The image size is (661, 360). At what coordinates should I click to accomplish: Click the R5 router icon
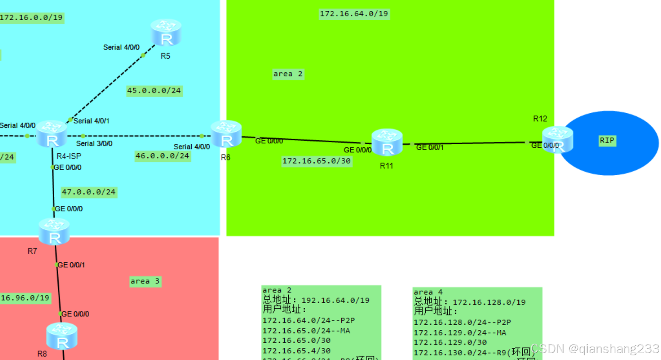pos(166,33)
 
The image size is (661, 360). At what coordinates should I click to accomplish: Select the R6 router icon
pos(226,134)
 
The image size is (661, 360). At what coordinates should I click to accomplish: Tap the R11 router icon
pos(387,143)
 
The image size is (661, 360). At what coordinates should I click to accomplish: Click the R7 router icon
pos(54,231)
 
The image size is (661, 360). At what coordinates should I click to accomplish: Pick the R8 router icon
pos(62,336)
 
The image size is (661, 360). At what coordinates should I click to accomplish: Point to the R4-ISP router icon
pos(52,134)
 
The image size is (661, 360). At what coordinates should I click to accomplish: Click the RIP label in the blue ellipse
pos(607,140)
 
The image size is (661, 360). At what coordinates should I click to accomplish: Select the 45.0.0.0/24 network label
pos(154,91)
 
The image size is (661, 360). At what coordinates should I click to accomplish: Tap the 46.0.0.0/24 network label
pos(162,156)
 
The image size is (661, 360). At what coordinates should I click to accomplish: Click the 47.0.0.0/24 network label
pos(88,192)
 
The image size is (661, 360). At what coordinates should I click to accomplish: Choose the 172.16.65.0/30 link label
pos(316,161)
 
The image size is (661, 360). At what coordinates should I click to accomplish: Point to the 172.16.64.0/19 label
pos(354,14)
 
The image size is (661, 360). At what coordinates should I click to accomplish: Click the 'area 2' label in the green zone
pos(288,74)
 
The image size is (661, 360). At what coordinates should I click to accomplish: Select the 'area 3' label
pos(145,281)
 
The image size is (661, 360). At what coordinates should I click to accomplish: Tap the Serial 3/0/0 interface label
pos(94,144)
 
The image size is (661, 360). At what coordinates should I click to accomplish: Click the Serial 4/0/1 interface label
pos(91,121)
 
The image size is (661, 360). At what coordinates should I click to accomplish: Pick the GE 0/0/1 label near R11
pos(430,148)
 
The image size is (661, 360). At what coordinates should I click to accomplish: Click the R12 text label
pos(540,119)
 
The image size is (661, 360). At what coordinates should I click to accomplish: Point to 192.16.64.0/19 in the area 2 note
pos(335,301)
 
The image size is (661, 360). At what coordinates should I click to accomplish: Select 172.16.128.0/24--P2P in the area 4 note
pos(462,323)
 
